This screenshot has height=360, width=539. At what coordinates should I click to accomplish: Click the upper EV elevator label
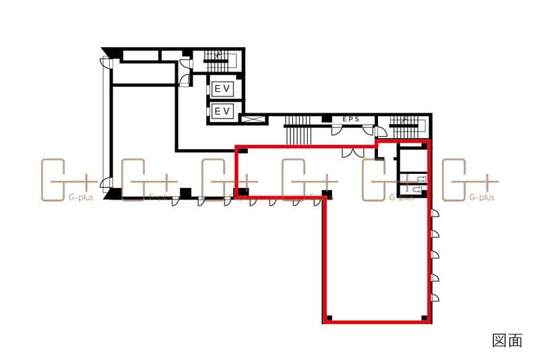pos(222,89)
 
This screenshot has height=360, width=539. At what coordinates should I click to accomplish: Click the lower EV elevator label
pos(222,111)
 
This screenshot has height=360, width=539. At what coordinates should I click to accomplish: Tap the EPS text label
pos(351,119)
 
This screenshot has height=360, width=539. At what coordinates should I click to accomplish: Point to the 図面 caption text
pos(507,340)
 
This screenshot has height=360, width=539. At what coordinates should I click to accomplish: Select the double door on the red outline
pos(352,152)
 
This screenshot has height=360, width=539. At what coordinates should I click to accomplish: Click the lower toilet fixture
pos(417,189)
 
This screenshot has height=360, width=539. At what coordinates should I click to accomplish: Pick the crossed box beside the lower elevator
pos(255,119)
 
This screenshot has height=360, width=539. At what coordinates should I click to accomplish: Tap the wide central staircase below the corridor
pos(298,131)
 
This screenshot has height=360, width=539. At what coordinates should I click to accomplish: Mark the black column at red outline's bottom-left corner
pos(329,318)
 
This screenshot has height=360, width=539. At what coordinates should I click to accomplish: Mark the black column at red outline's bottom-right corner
pos(424,318)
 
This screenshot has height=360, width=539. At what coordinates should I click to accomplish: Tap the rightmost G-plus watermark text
pos(482,198)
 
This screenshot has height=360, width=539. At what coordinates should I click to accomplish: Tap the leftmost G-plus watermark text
pos(81,198)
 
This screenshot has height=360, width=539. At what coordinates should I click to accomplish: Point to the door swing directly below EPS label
pos(337,130)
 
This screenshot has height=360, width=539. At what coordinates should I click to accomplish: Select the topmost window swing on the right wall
pos(435,213)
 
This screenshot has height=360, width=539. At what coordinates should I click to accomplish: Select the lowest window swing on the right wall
pos(435,298)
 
